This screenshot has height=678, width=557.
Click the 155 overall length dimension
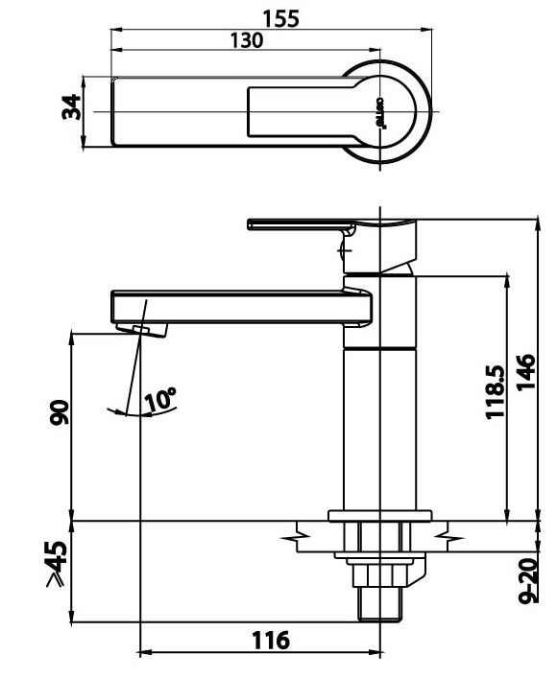(280, 18)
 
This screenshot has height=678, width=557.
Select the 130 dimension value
(247, 40)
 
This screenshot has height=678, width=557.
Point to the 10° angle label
(160, 398)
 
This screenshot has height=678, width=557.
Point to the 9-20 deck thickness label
(526, 581)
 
